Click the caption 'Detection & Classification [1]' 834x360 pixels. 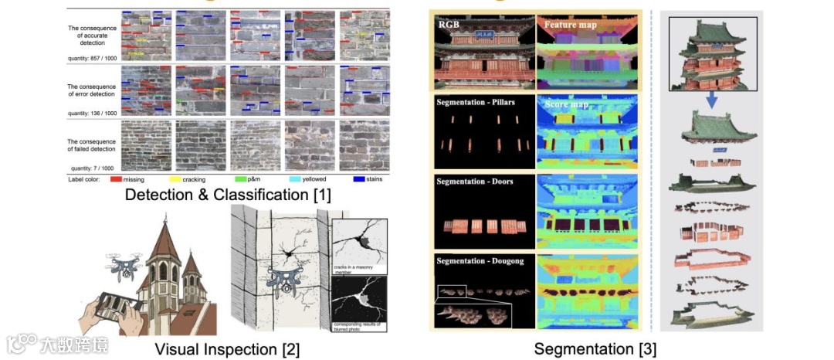click(x=228, y=195)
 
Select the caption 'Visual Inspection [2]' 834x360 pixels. click(x=227, y=349)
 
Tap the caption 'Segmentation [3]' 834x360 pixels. click(x=595, y=349)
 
